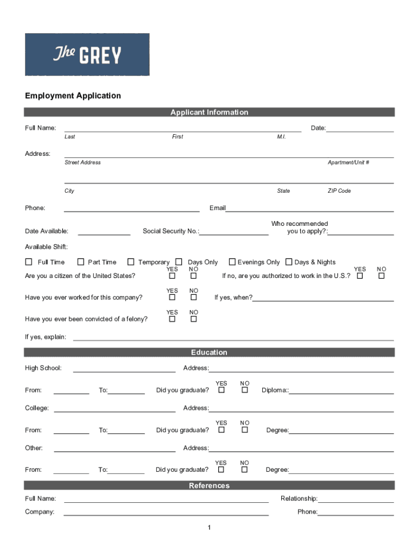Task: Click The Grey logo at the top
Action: tap(87, 54)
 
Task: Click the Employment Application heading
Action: tap(73, 96)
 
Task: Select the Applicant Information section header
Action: tap(209, 112)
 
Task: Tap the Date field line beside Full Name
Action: tap(360, 129)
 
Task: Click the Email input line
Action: tap(309, 208)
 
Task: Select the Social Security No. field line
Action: tap(234, 232)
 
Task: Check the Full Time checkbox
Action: tap(29, 262)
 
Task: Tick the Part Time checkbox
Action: tap(81, 262)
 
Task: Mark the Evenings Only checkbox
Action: tap(232, 262)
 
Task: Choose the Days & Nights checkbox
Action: tap(289, 262)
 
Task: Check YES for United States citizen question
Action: tap(172, 276)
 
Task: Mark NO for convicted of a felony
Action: tap(193, 319)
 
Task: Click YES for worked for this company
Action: tap(172, 298)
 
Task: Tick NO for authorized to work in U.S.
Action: tap(382, 276)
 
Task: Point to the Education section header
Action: tap(209, 352)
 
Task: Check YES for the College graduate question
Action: tap(221, 430)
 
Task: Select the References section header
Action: tap(209, 485)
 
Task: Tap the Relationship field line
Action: tap(356, 500)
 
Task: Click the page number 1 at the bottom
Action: tap(209, 528)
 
